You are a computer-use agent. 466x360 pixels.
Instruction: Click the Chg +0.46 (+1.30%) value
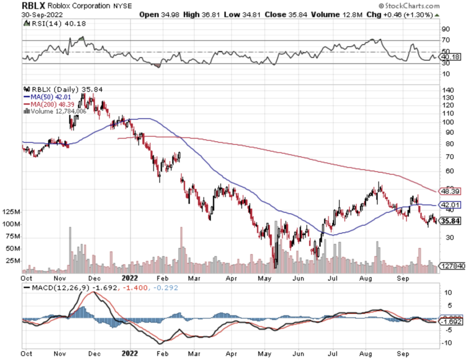[x=405, y=14]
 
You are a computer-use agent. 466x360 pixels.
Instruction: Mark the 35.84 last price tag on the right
[x=452, y=221]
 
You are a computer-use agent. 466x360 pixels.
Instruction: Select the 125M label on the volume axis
[x=10, y=212]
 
